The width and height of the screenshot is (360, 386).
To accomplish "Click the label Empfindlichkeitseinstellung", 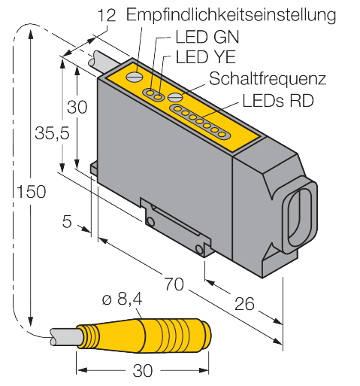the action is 231,15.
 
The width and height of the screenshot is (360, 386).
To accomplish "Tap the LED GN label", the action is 207,37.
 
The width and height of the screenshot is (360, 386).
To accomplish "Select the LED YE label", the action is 206,56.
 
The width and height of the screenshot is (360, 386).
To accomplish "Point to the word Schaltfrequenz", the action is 268,79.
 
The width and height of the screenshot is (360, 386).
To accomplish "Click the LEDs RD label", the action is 278,101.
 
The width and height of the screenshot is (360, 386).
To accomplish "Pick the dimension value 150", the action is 32,192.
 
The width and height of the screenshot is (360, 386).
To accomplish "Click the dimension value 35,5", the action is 52,133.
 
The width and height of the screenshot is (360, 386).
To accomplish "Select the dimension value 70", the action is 174,284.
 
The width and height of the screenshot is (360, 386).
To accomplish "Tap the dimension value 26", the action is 244,304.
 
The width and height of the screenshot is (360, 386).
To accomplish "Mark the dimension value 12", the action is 106,15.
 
